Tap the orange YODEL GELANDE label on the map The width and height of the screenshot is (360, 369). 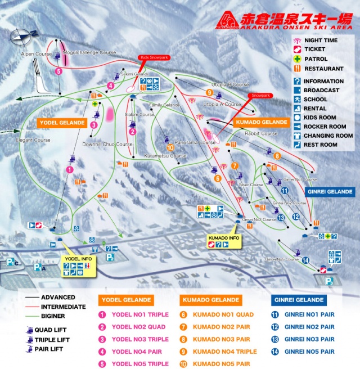point(62,122)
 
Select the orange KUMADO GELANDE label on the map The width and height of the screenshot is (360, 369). point(260,122)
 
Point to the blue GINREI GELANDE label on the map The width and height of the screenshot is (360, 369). point(330,192)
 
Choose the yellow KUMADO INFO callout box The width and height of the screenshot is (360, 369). point(224,242)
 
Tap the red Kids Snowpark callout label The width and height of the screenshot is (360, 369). point(154,57)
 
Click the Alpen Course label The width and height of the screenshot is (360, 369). point(36,54)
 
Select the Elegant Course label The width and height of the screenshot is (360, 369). point(34,140)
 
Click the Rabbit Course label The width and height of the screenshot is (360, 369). point(261,134)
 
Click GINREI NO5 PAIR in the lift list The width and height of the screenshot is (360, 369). point(309,352)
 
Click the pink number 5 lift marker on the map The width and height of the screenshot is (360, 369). point(58,71)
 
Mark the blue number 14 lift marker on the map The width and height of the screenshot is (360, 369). point(305,260)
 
